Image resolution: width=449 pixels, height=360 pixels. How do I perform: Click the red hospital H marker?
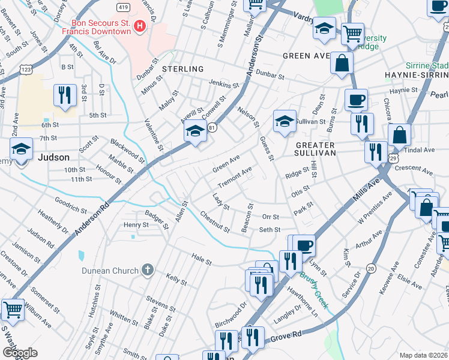[x=140, y=26]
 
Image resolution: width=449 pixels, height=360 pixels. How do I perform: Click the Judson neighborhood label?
[x=53, y=157]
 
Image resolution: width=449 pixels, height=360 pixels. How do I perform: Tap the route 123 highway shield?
[x=26, y=70]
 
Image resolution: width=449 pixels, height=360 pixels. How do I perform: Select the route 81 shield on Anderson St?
[x=212, y=128]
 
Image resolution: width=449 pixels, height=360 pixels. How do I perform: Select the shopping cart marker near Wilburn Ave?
[x=13, y=310]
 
